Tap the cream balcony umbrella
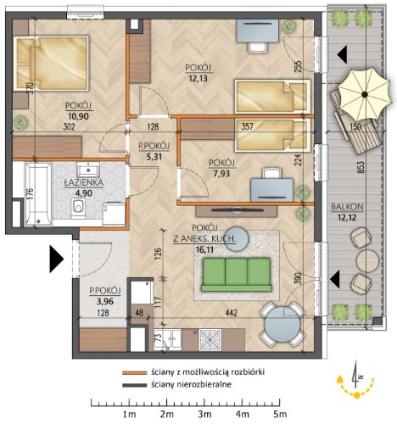click(365, 94)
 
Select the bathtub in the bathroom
click(38, 194)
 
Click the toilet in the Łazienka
click(78, 208)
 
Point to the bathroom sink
click(88, 170)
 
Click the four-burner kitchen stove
click(210, 339)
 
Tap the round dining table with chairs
click(282, 324)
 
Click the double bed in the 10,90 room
click(52, 63)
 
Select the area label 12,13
click(198, 78)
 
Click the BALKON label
click(347, 207)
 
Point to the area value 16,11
click(204, 249)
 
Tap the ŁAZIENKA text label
click(84, 183)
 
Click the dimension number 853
click(362, 167)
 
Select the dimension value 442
click(232, 313)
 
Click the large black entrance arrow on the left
click(56, 259)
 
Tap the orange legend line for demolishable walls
click(135, 373)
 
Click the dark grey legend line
click(135, 385)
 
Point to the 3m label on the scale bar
click(204, 415)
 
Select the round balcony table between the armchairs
click(367, 261)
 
